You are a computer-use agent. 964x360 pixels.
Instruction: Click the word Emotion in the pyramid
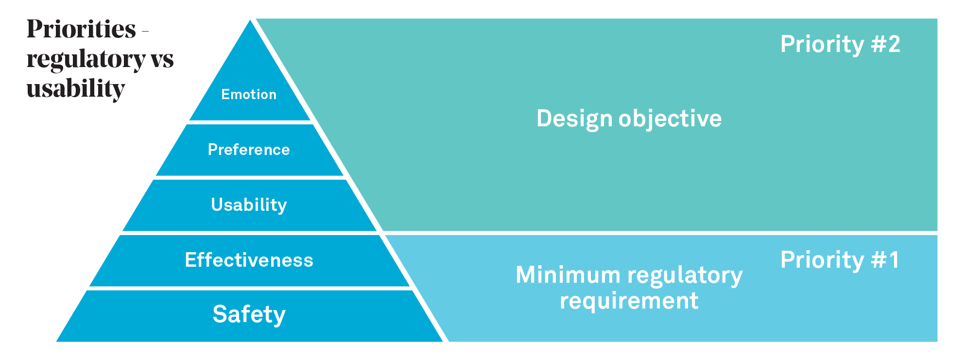(249, 94)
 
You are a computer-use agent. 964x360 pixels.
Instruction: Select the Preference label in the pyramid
(249, 150)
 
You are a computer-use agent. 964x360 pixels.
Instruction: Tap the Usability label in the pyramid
(249, 205)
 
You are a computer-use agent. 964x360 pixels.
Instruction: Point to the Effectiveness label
(249, 260)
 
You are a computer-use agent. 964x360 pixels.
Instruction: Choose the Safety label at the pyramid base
(249, 314)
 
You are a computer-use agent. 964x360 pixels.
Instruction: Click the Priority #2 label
(840, 44)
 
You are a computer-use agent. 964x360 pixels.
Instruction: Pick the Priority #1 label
(840, 260)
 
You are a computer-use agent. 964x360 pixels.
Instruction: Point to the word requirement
(629, 301)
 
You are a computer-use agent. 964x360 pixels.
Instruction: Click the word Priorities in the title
(81, 29)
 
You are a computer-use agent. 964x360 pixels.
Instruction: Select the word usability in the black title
(76, 88)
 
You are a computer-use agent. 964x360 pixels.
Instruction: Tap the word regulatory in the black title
(86, 60)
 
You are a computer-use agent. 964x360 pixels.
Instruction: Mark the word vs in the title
(162, 59)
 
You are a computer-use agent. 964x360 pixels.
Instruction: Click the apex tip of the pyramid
(250, 20)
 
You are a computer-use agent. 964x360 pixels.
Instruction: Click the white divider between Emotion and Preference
(250, 122)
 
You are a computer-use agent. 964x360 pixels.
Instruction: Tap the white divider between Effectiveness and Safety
(250, 288)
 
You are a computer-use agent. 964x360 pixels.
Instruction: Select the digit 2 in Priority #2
(894, 44)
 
